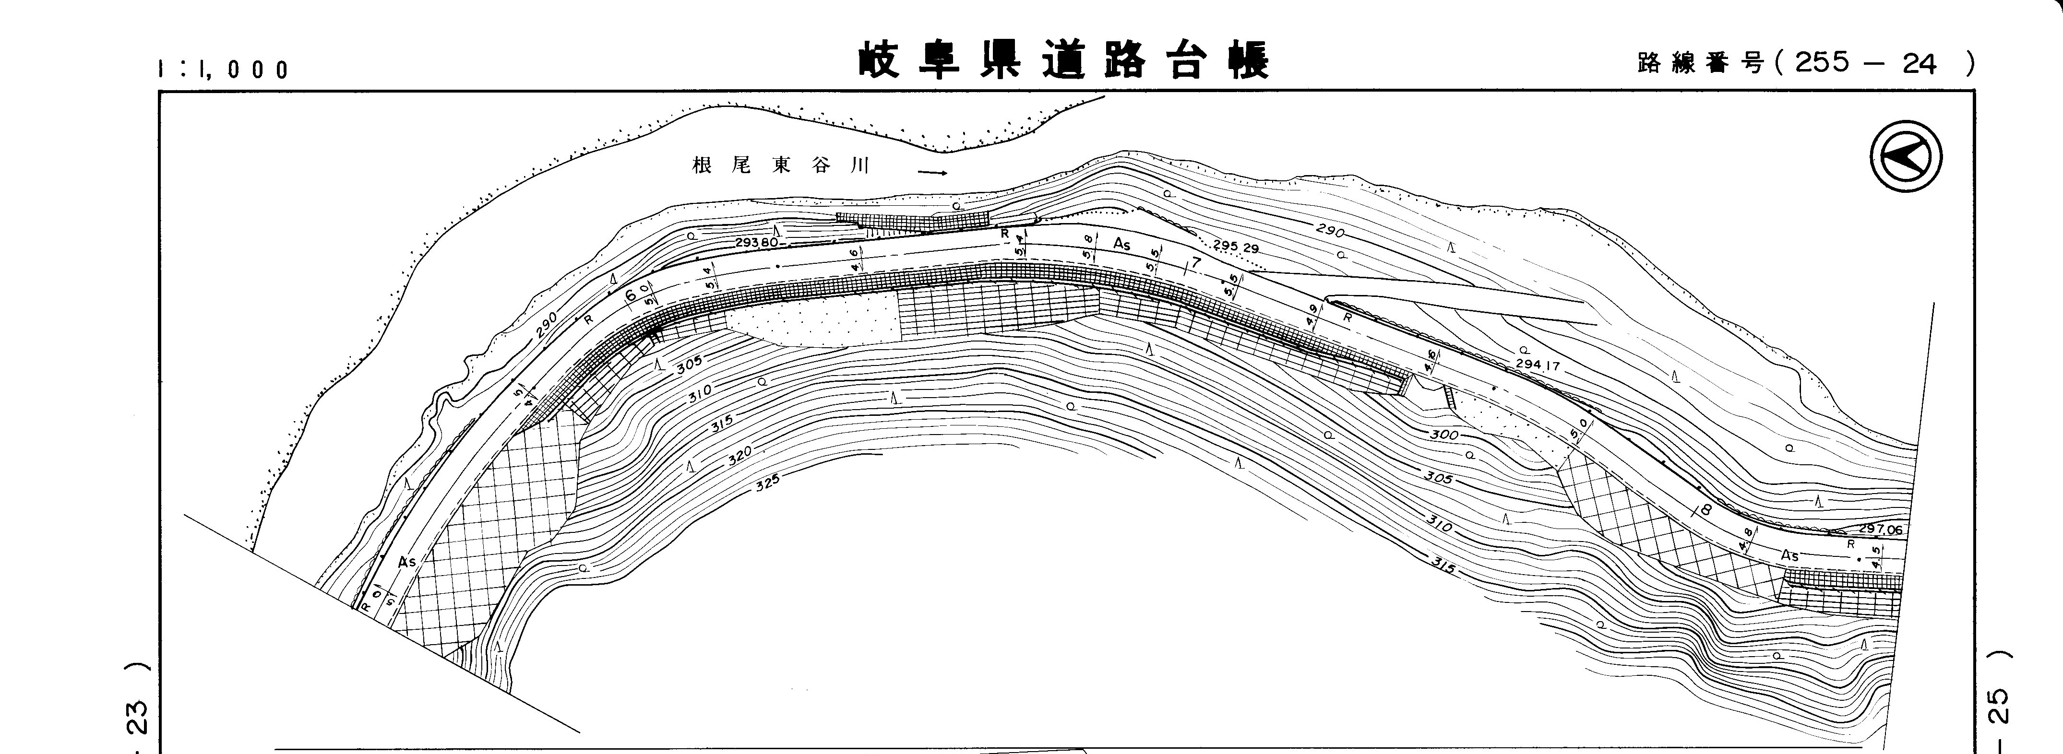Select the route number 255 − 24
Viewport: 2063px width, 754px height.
point(1865,62)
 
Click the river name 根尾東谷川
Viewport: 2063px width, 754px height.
point(781,165)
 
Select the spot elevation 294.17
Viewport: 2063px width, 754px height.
point(1538,366)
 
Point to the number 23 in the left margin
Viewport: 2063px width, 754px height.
point(137,718)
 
